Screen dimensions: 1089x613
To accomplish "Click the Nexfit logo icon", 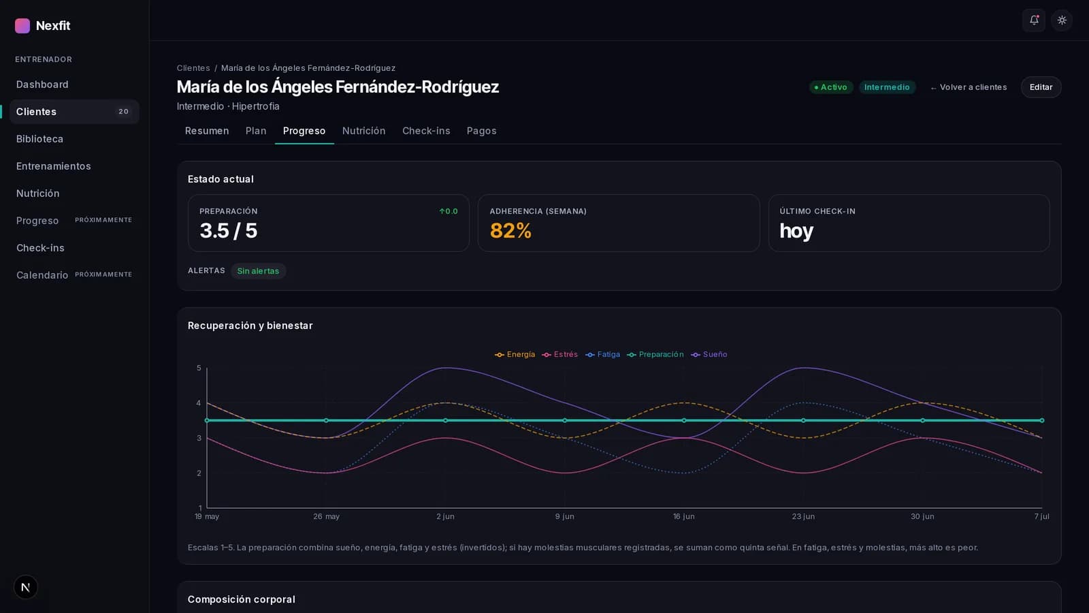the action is (x=22, y=26).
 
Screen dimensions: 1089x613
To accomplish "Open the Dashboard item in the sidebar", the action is (x=42, y=84).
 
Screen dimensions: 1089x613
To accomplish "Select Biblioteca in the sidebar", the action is (x=40, y=139).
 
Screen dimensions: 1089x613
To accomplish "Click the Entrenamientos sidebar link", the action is (x=54, y=166).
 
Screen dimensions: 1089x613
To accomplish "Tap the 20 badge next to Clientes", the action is (x=123, y=112).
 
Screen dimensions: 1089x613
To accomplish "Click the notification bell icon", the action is (x=1034, y=20).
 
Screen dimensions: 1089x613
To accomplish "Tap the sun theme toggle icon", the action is (x=1062, y=20).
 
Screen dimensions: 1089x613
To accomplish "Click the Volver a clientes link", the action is (x=969, y=88).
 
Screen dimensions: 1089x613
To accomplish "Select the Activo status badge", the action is (x=831, y=88).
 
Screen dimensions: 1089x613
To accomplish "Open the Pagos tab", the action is (x=481, y=131).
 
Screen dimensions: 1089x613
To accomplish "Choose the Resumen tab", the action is (x=207, y=131).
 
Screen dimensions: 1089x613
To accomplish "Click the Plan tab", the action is (x=256, y=131).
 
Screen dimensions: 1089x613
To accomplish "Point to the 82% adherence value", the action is (x=510, y=231).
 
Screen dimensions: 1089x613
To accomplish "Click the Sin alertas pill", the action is (x=258, y=271).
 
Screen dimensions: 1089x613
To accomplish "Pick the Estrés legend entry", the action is (x=560, y=355).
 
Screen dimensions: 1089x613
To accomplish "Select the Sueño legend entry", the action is (x=709, y=355).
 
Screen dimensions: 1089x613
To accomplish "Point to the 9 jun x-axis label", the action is (x=564, y=517).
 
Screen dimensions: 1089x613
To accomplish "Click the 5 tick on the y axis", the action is (x=199, y=368).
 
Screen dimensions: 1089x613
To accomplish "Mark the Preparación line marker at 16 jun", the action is (x=683, y=421).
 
